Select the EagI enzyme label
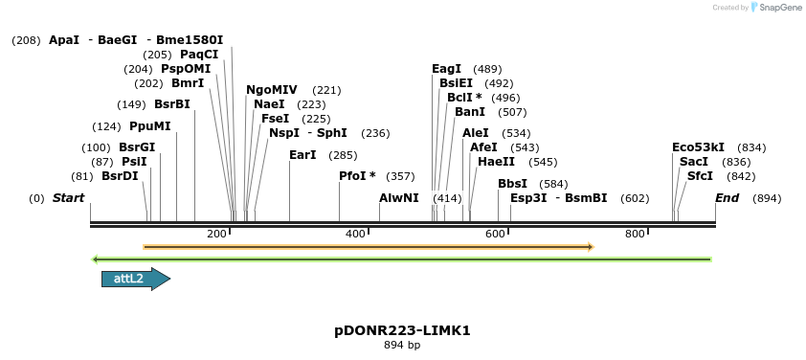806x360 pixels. pos(447,69)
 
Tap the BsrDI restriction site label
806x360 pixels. pos(120,176)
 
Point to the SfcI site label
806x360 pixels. pos(700,176)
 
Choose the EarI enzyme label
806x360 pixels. pos(302,155)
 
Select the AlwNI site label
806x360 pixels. pos(399,198)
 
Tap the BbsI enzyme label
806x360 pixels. pos(512,183)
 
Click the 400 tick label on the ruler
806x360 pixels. pos(355,234)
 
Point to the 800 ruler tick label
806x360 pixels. pos(635,234)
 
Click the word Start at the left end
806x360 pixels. pos(68,198)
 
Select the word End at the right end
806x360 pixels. pos(728,198)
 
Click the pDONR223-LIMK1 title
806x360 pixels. pos(402,330)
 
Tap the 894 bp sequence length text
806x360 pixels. pos(402,345)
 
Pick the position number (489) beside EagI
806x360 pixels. pos(487,69)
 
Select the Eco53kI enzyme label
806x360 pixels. pos(698,147)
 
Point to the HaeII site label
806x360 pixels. pos(496,162)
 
